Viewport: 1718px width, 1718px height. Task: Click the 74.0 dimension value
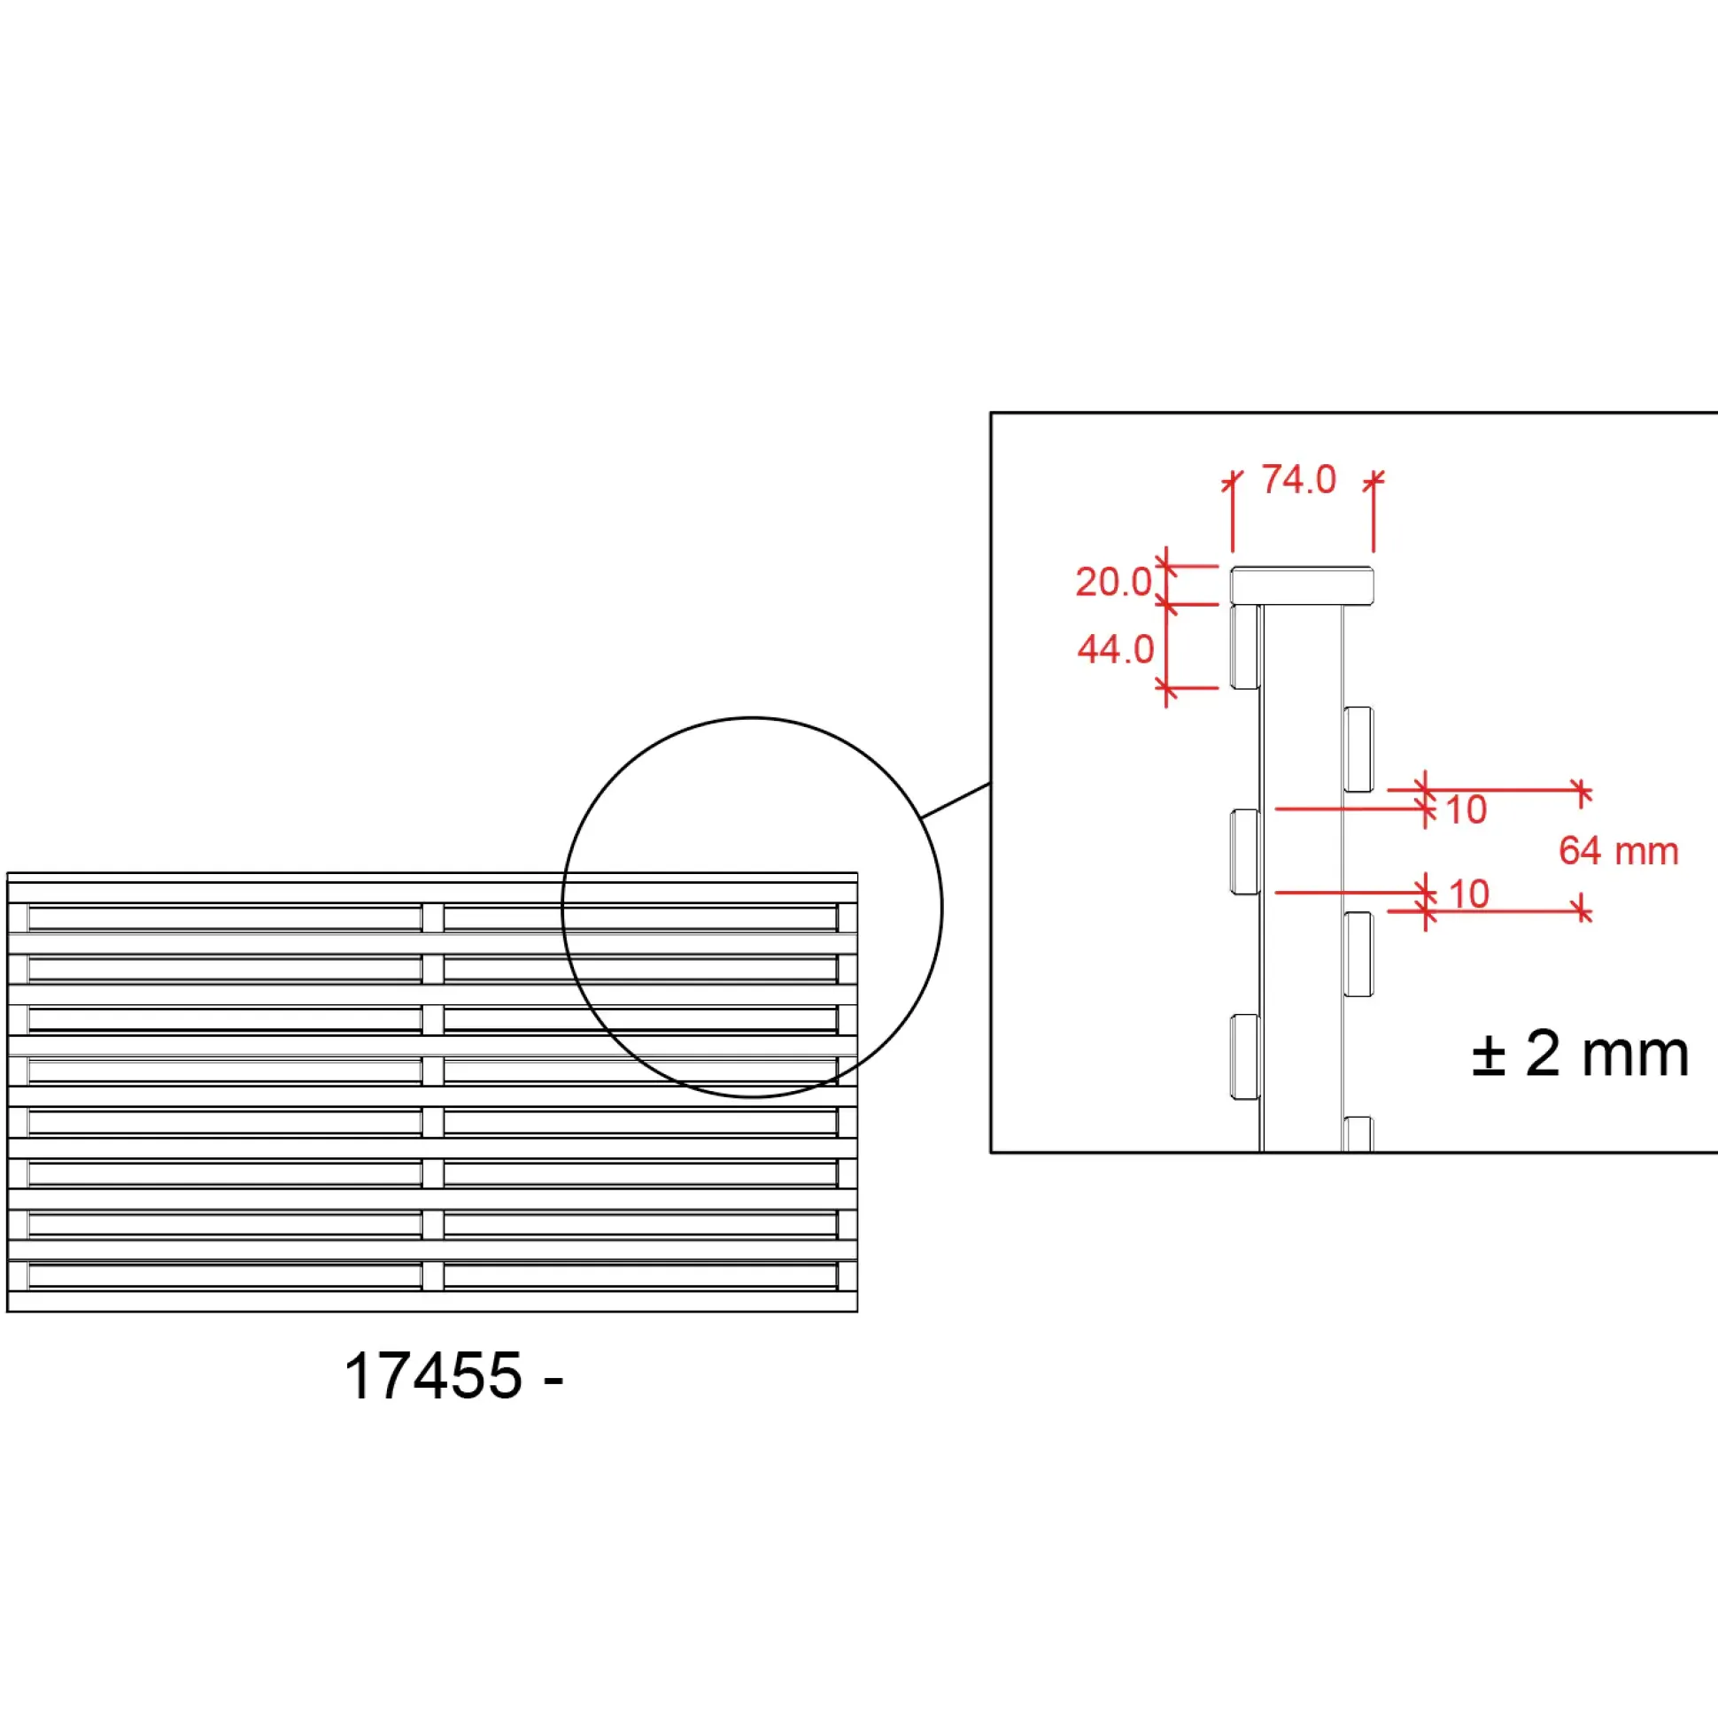1298,480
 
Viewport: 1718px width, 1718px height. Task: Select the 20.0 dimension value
1113,583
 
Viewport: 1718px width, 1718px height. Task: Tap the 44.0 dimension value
1115,650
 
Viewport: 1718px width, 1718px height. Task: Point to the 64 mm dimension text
1619,851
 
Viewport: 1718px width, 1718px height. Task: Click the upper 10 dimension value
1466,810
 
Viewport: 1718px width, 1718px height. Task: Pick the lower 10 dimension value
1469,894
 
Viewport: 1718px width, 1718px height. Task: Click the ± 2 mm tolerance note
1580,1054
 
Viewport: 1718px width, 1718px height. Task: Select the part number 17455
433,1375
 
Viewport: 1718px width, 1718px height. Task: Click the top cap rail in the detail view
1302,586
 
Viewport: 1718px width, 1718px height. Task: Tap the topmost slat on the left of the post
1245,646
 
